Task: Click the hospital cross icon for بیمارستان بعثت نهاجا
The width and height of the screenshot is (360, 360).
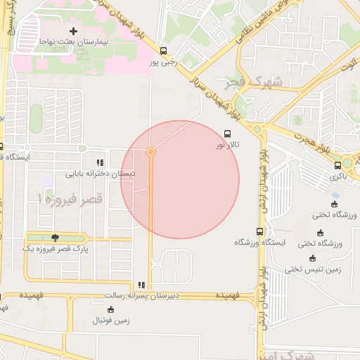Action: (72, 31)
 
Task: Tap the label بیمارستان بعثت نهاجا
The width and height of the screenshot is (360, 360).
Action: (72, 43)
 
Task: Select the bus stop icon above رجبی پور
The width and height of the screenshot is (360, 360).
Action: (164, 51)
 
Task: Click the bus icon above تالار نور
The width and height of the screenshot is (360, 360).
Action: (227, 133)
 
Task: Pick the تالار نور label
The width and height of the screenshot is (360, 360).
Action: (228, 144)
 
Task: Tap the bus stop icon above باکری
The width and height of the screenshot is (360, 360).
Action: (338, 165)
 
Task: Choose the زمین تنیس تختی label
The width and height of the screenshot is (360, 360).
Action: (313, 269)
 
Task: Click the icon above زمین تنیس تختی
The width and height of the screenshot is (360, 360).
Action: (313, 257)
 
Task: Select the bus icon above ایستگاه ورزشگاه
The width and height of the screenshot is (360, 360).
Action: (260, 231)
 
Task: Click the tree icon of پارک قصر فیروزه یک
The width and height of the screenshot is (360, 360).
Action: (55, 238)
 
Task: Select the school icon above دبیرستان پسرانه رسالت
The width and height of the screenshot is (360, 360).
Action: (141, 285)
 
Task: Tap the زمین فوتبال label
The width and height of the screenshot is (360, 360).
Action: (111, 321)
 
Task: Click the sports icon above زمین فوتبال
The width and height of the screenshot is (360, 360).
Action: (110, 309)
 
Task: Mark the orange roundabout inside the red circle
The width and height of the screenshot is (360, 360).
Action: (150, 152)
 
